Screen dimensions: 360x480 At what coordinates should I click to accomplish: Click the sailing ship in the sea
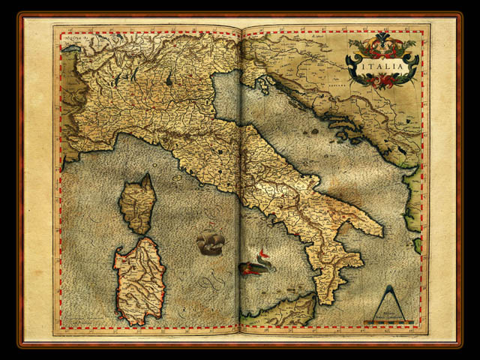tap(210, 242)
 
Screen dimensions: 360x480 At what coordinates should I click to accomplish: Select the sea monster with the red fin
tap(256, 263)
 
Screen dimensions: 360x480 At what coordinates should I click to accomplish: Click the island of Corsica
tap(138, 203)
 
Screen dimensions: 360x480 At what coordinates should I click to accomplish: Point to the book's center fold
tap(240, 180)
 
